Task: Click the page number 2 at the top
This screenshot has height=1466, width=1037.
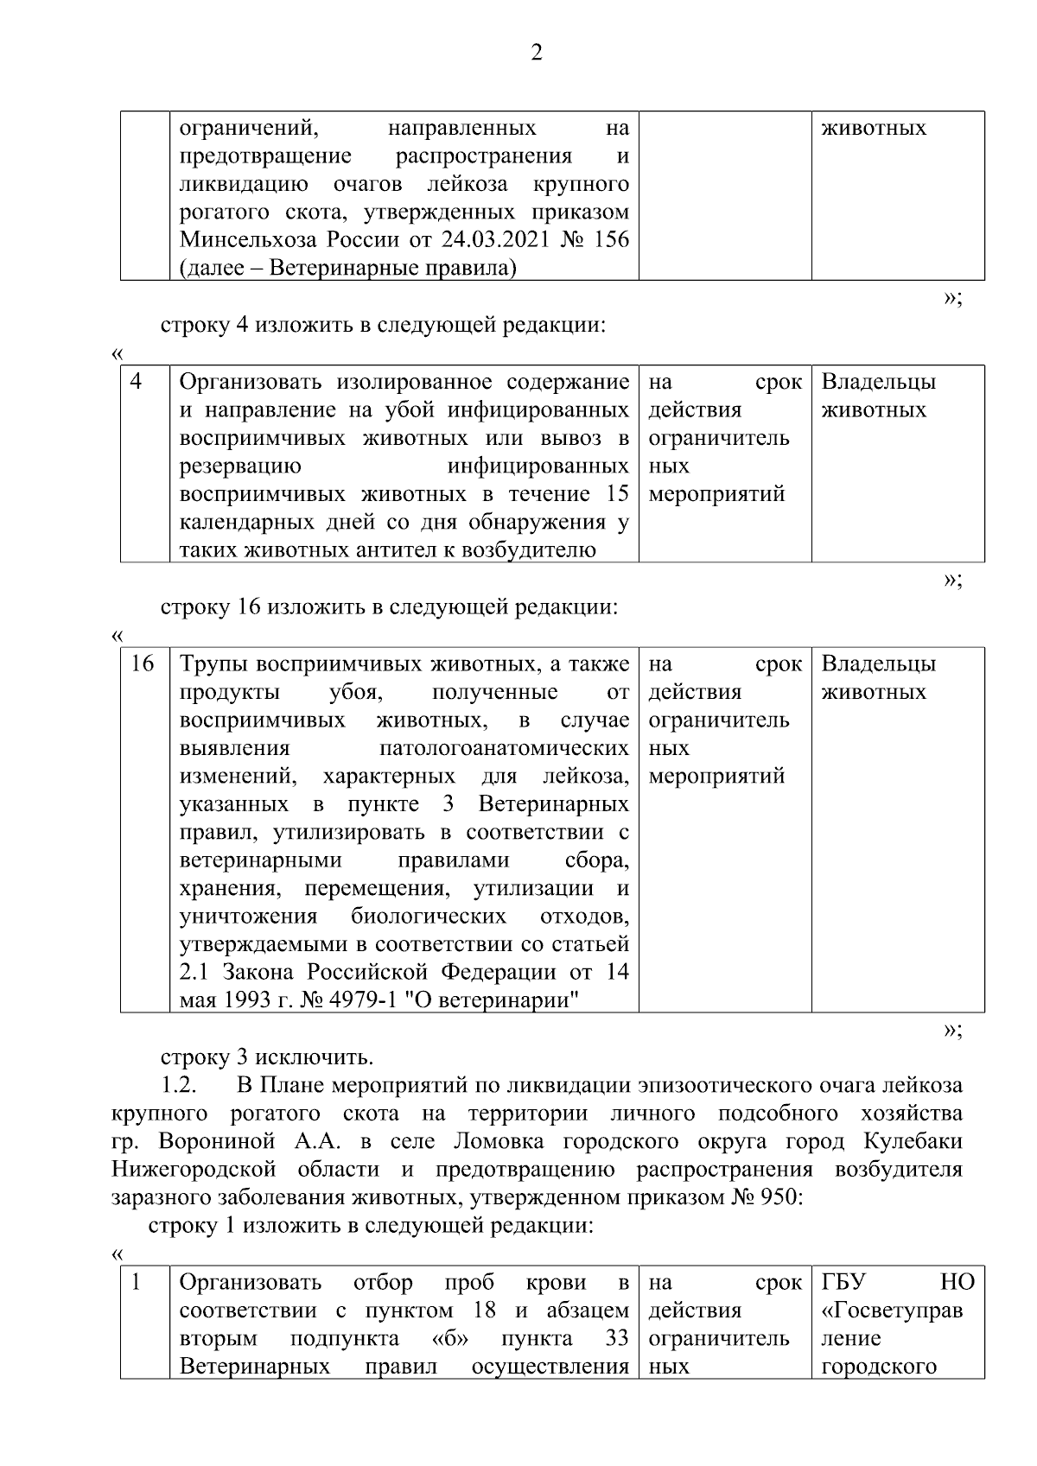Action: click(536, 54)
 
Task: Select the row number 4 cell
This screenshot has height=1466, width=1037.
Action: click(137, 381)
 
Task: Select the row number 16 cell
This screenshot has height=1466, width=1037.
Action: click(143, 663)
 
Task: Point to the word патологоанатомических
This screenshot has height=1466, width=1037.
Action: click(504, 748)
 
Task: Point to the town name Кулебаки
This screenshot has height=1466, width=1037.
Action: click(913, 1141)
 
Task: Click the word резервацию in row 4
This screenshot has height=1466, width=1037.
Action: click(240, 466)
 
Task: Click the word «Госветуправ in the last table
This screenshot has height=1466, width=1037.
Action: click(891, 1311)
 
